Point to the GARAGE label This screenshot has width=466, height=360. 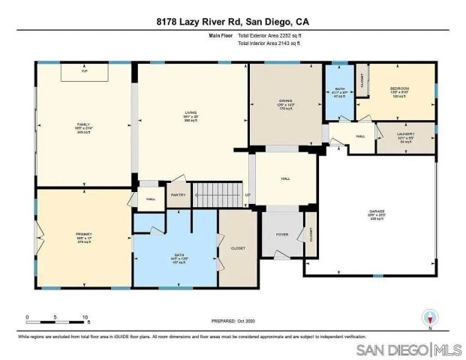click(377, 212)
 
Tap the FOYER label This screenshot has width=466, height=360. click(282, 234)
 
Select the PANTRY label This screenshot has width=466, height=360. click(178, 195)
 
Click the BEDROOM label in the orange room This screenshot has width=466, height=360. click(399, 89)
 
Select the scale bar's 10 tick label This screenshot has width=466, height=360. click(86, 317)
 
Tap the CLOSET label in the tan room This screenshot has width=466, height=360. click(237, 247)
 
